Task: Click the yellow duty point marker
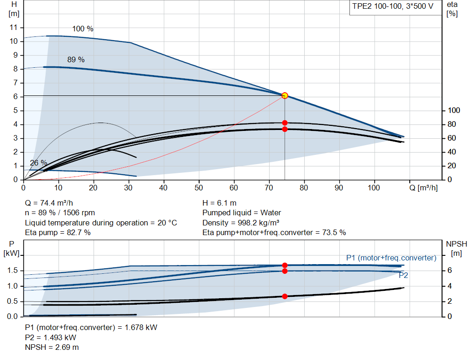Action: (x=284, y=95)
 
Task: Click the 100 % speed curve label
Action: (x=83, y=29)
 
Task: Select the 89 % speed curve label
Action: (x=76, y=59)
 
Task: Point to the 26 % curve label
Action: (x=39, y=163)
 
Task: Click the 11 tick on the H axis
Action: (x=14, y=28)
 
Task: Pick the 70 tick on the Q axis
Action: (x=269, y=188)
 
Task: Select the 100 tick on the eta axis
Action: (x=454, y=111)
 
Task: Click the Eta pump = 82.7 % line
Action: (x=58, y=232)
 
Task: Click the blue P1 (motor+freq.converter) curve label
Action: (x=391, y=258)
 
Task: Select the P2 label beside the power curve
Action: (x=403, y=275)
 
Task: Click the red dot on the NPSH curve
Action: (x=284, y=296)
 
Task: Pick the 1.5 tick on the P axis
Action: (x=13, y=271)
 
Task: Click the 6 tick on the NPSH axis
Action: (x=449, y=271)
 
